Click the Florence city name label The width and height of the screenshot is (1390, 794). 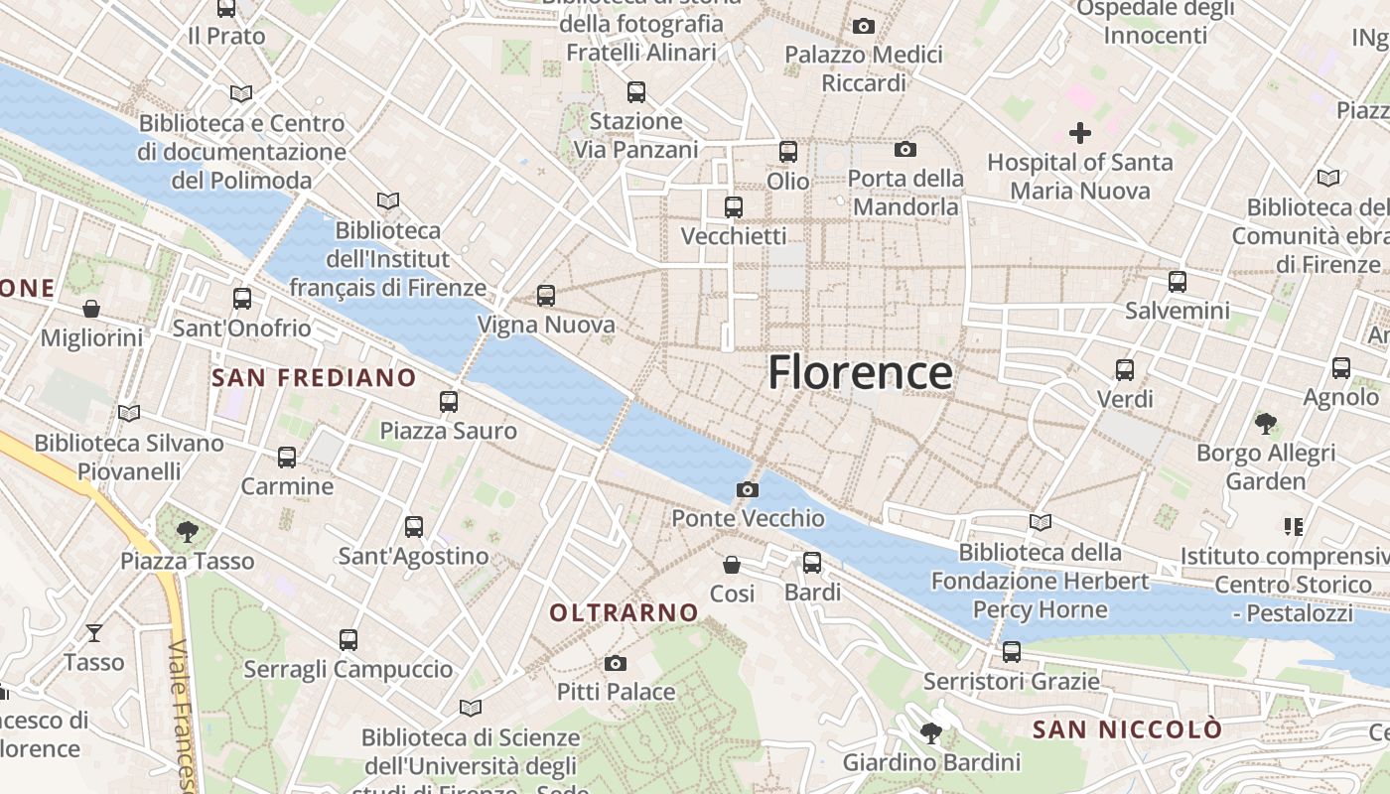(860, 373)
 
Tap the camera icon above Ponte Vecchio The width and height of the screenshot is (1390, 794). (748, 489)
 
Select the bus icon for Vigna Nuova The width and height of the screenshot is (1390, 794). (545, 296)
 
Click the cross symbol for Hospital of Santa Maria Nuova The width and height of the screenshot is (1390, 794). (1079, 132)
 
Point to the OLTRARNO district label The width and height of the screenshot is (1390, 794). (625, 612)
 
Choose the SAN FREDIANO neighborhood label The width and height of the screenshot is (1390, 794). (314, 377)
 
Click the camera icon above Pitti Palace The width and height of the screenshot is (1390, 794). (616, 663)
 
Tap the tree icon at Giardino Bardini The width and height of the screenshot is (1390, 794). (931, 733)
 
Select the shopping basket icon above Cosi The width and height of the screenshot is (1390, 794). (732, 565)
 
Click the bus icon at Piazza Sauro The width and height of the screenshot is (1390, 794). (449, 402)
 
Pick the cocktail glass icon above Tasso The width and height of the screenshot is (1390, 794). (94, 632)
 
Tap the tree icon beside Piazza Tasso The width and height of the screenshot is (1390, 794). (187, 532)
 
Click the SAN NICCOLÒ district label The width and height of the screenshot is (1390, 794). (1127, 729)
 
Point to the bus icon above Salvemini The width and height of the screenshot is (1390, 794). (1178, 282)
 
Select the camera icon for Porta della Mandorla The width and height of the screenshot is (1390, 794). (904, 150)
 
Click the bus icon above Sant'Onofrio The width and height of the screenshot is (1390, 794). (242, 299)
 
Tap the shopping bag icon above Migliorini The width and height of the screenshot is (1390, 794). (91, 309)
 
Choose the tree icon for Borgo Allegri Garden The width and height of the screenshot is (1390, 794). (1265, 424)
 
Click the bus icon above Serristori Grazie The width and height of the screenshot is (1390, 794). (1011, 652)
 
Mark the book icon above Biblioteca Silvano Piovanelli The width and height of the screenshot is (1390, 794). (128, 413)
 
